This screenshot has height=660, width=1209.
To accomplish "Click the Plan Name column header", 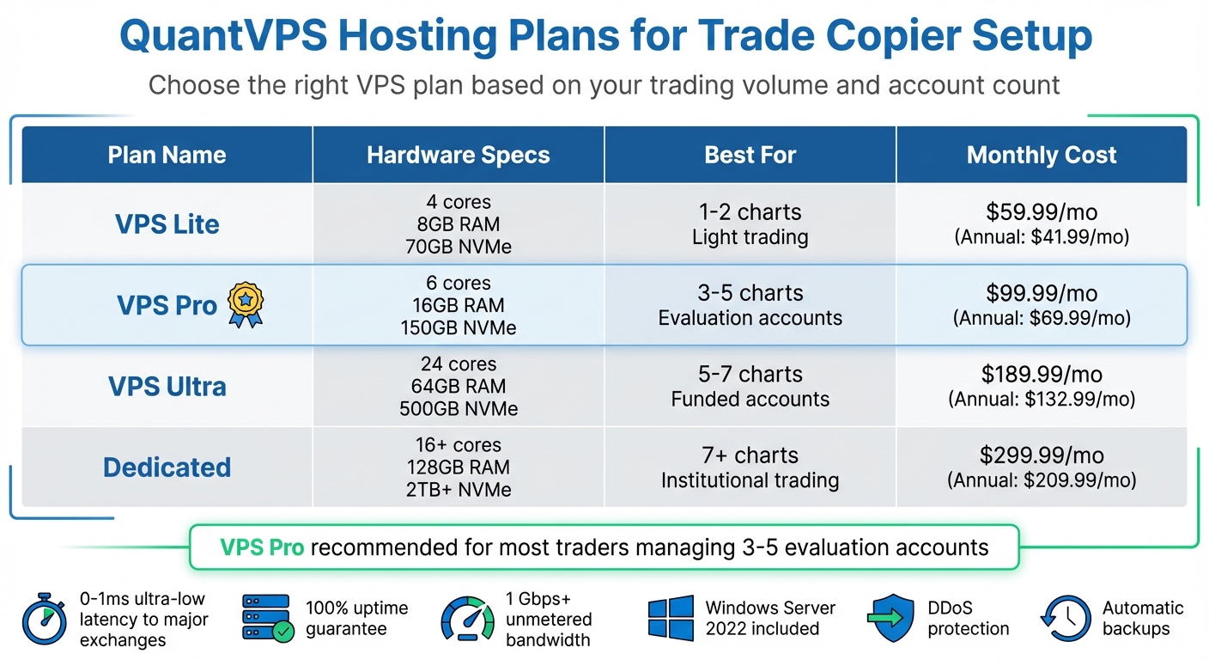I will [x=167, y=155].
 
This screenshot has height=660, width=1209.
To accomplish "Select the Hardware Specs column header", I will [x=458, y=155].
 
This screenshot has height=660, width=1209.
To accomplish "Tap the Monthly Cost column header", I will [x=1041, y=155].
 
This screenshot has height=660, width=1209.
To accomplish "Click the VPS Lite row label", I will [x=167, y=224].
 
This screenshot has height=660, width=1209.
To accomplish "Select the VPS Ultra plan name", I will [x=167, y=387].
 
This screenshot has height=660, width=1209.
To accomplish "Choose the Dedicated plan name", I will [x=167, y=467].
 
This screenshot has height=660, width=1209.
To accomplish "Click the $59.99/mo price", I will [x=1041, y=212].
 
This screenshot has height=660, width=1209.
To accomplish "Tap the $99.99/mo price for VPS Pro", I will [x=1041, y=293].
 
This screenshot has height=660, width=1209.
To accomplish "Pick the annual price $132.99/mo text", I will [x=1041, y=400].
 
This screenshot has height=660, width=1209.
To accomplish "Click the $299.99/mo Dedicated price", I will [x=1041, y=455].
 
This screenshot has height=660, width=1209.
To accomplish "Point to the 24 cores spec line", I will [x=458, y=364].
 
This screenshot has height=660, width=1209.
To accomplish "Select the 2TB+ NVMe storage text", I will [x=458, y=490].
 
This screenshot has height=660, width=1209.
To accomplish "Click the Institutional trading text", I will [x=750, y=480].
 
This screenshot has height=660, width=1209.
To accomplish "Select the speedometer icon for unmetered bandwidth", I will [x=467, y=619].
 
